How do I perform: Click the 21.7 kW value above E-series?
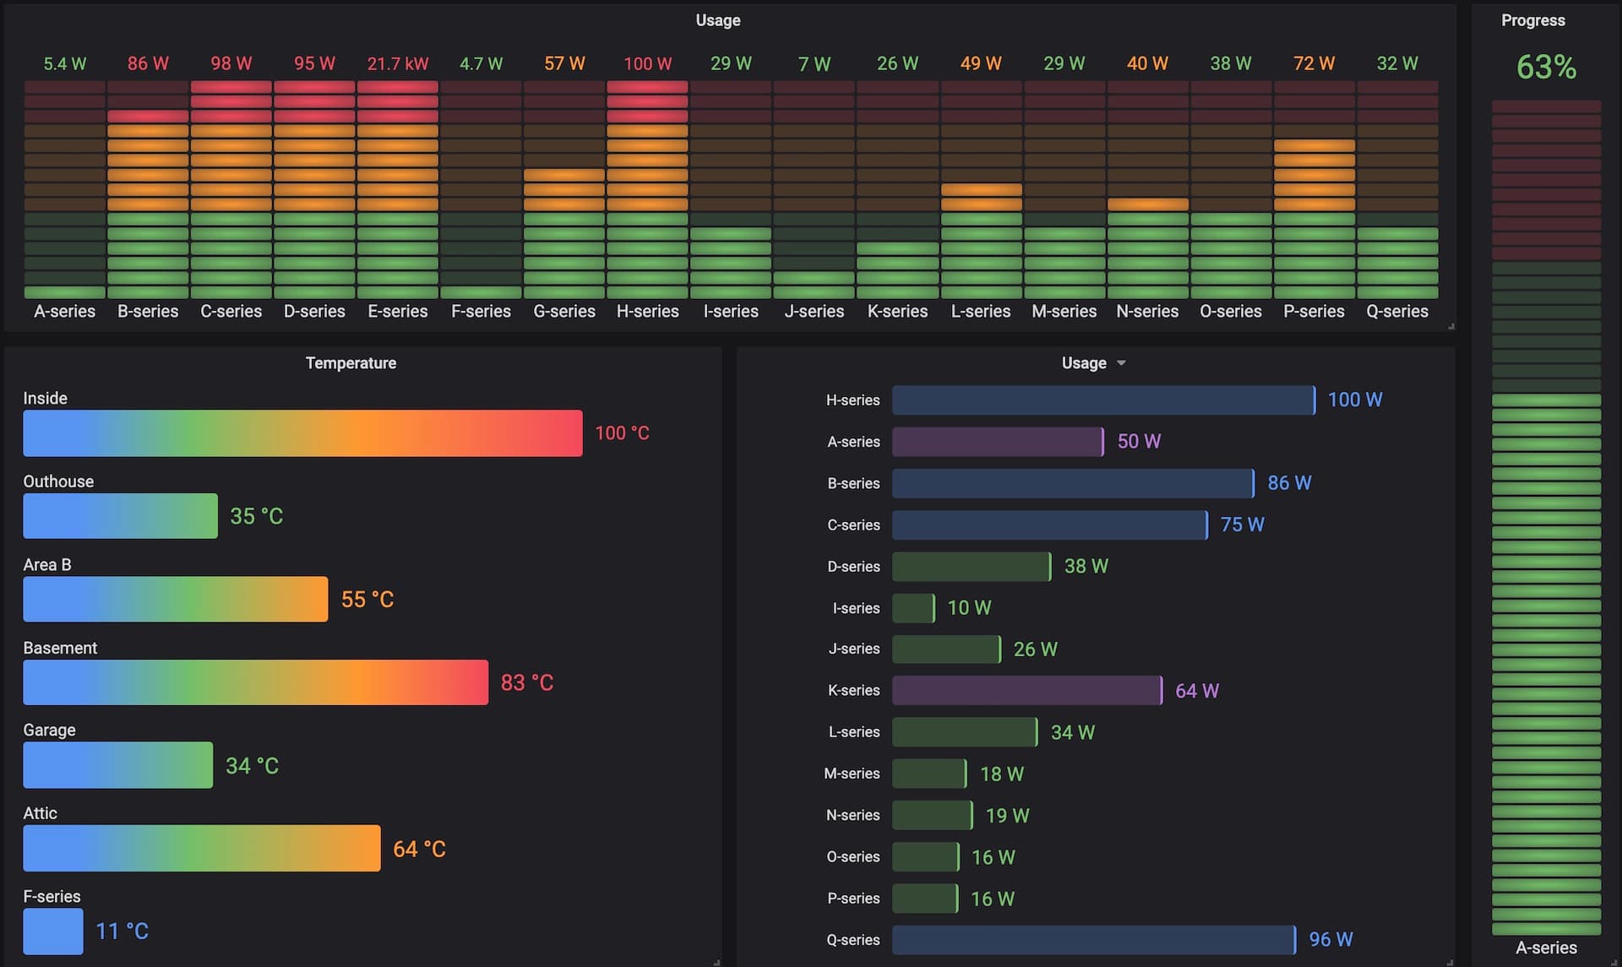tap(397, 63)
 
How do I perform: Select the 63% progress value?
tap(1545, 68)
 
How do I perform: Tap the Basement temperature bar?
tap(255, 682)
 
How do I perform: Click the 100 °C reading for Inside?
tap(622, 433)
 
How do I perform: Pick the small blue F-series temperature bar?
tap(52, 931)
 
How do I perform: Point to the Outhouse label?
tap(58, 481)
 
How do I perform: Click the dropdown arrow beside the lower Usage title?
tap(1121, 363)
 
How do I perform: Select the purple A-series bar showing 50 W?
tap(997, 442)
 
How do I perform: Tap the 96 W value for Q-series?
tap(1331, 939)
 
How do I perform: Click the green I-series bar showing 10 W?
tap(912, 608)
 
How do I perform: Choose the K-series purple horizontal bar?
tap(1026, 691)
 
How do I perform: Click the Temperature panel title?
tap(351, 363)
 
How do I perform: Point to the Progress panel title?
tap(1532, 20)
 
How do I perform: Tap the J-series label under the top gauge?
tap(814, 312)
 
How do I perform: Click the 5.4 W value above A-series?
tap(65, 64)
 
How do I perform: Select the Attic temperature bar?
tap(201, 848)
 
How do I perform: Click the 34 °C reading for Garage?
tap(252, 766)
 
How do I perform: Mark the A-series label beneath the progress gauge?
tap(1545, 948)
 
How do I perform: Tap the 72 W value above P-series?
tap(1314, 63)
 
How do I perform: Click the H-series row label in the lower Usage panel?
tap(852, 400)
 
